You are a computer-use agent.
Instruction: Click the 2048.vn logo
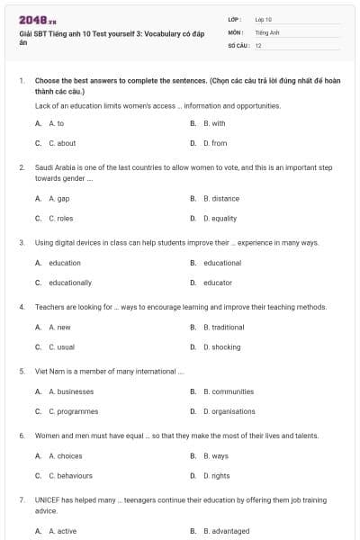coord(38,20)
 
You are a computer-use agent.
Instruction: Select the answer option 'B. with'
coord(214,123)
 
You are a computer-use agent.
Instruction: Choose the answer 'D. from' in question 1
coord(214,143)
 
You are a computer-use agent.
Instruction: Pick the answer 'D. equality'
coord(220,218)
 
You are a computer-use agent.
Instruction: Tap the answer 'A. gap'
coord(58,198)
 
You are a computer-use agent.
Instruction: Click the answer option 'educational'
coord(222,263)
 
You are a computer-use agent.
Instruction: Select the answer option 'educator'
coord(217,283)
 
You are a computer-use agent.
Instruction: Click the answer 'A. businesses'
coord(69,391)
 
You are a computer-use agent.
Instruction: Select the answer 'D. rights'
coord(216,476)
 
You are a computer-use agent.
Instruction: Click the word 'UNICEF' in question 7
coord(47,499)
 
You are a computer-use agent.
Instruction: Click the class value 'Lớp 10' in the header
coord(263,19)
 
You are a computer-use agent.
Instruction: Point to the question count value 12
coord(258,45)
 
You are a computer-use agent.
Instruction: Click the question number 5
coord(21,371)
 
